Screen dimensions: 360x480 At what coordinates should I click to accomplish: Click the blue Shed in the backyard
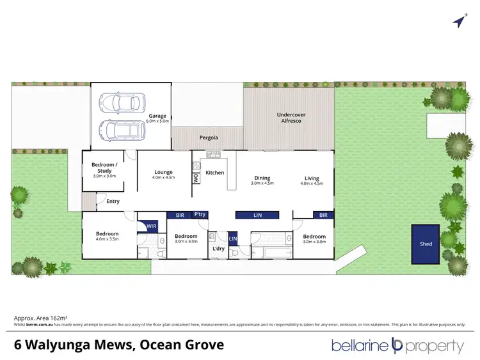point(426,244)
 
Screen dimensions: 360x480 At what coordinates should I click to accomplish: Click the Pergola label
point(209,137)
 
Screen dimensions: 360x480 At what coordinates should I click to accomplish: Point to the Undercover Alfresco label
point(289,118)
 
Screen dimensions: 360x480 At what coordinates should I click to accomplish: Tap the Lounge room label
point(164,172)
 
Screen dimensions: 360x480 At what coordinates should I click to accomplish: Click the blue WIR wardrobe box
point(152,226)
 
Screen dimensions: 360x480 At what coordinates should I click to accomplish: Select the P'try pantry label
point(200,215)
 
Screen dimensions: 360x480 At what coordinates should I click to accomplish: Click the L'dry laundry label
point(218,248)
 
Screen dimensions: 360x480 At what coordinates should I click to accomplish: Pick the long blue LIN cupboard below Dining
point(257,215)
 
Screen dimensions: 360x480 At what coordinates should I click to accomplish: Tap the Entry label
point(113,201)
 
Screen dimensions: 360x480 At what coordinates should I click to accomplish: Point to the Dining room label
point(262,178)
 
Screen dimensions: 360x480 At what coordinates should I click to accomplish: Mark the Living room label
point(312,178)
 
